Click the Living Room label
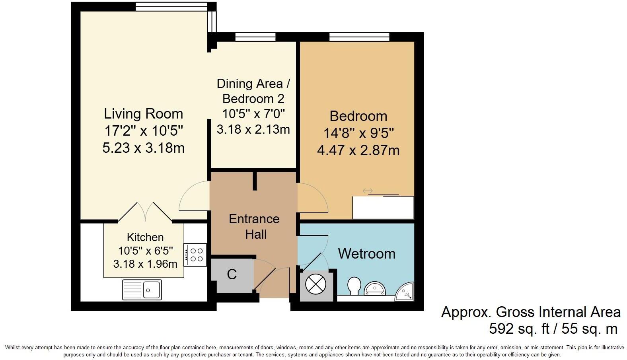(143, 114)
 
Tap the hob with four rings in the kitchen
(195, 255)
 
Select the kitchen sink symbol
(142, 289)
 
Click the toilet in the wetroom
(354, 286)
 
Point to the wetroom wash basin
(375, 288)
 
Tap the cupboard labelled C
(232, 274)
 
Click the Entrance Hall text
(254, 226)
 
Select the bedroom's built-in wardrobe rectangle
(383, 207)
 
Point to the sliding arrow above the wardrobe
(368, 191)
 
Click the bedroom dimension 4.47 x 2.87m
(358, 150)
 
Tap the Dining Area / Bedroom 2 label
(253, 91)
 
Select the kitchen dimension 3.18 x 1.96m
(145, 264)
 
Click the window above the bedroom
(359, 37)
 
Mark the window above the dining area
(255, 37)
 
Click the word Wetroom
(366, 254)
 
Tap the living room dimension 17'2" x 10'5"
(143, 131)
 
